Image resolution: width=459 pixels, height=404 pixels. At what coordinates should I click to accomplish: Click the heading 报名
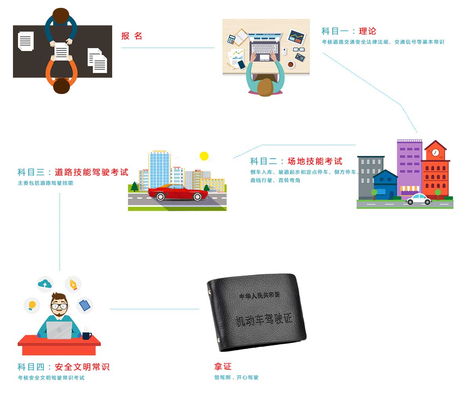131,36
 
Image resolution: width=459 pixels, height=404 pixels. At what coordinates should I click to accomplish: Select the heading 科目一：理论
349,31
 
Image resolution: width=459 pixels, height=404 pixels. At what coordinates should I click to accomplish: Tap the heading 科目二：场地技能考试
296,161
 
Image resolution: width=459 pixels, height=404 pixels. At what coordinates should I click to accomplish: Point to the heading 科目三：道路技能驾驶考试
73,172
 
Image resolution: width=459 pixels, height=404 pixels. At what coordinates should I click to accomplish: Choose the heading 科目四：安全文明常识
64,367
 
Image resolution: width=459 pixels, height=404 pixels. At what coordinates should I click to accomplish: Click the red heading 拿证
223,367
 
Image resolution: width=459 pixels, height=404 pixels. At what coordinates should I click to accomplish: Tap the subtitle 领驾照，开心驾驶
236,378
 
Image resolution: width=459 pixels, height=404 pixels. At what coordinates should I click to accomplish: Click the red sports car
177,192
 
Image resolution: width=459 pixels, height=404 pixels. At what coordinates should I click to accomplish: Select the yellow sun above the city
204,156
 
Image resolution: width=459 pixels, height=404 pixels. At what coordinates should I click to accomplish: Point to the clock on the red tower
435,152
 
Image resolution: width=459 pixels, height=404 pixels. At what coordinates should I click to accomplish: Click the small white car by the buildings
419,199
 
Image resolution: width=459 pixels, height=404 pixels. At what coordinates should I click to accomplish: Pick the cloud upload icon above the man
45,284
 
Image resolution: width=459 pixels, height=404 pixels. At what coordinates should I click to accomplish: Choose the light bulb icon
32,305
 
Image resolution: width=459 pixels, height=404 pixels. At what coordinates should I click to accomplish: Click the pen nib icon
73,284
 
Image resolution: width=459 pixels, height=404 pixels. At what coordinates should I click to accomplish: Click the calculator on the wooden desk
231,39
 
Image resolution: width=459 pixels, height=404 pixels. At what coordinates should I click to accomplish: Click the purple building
409,165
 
